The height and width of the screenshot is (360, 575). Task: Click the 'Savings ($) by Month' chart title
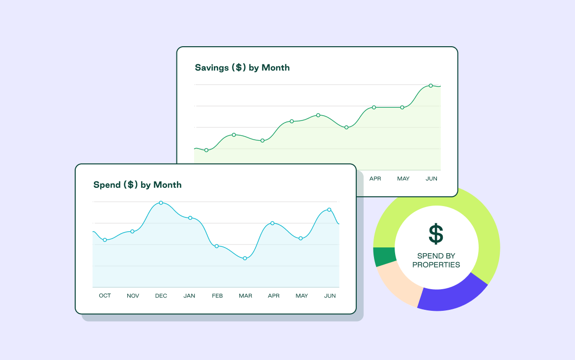pos(242,68)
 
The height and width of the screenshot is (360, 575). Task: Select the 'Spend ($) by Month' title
pos(138,185)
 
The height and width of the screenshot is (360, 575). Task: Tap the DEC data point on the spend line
pos(161,203)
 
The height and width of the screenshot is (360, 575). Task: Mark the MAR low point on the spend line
pos(245,258)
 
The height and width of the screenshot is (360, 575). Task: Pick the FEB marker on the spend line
pos(217,246)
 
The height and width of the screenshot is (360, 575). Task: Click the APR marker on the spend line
pos(272,223)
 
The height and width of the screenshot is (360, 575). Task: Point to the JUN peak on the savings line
pos(431,86)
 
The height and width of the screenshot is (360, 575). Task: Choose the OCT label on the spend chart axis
pos(105,296)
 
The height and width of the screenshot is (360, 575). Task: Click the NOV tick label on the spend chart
pos(133,296)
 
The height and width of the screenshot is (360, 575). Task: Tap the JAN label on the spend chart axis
pos(189,296)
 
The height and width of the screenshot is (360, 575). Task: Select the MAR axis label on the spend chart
pos(245,296)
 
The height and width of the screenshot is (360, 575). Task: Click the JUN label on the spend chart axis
pos(330,296)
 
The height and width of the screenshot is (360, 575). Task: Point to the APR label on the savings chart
pos(375,179)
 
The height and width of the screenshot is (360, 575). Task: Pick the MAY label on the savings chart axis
pos(403,179)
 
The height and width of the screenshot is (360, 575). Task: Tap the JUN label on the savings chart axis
pos(431,179)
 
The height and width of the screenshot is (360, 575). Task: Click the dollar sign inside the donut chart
pos(436,234)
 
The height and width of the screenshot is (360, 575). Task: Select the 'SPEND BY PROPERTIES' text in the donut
pos(436,260)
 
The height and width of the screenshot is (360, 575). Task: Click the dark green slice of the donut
pos(384,256)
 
